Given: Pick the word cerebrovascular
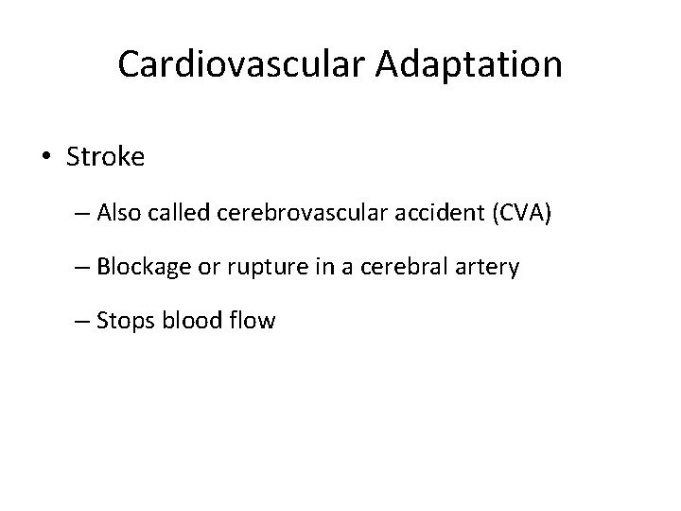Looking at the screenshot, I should click(303, 215).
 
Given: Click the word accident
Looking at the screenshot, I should click(437, 215).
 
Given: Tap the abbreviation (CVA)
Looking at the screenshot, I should click(519, 215).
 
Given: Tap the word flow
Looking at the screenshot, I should click(252, 321).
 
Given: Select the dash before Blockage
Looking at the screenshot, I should click(80, 269).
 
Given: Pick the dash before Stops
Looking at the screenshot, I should click(80, 322).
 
